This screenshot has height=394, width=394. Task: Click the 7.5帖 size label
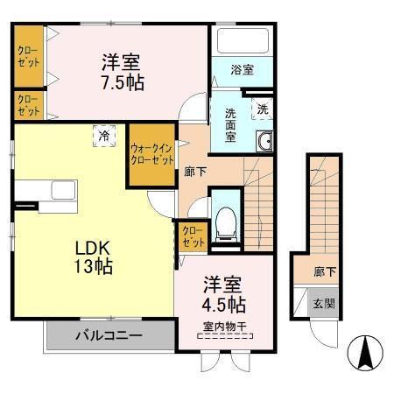point(122,83)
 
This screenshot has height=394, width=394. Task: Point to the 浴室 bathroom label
point(243,70)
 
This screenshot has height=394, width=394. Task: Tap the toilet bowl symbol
point(227,219)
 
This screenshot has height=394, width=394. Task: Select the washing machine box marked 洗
point(262,109)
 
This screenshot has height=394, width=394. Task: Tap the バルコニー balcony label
point(108,334)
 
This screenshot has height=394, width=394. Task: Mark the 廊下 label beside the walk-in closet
point(195,172)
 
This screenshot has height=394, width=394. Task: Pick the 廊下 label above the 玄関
point(324,272)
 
